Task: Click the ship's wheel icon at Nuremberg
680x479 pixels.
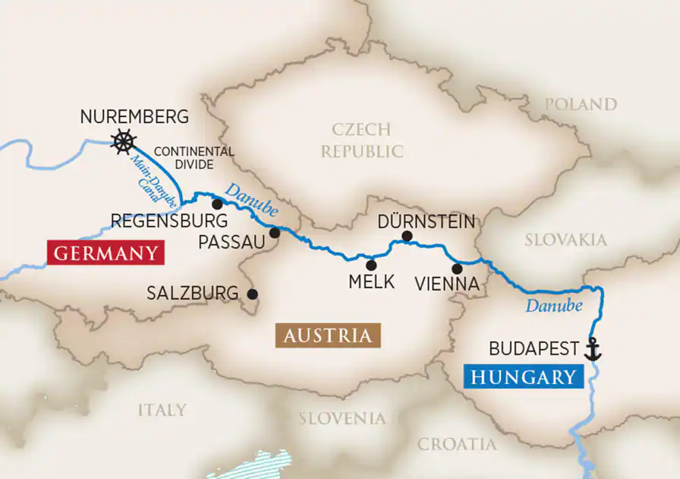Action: coord(123,141)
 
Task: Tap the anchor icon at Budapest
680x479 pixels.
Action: coord(592,349)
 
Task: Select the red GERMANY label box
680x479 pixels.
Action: coord(105,253)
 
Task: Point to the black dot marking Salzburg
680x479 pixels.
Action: coord(252,294)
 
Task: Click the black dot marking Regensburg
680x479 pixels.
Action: coord(217,203)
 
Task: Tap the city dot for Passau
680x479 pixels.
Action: coord(275,233)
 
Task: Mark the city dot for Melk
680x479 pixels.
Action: coord(371,265)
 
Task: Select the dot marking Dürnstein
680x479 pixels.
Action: coord(407,236)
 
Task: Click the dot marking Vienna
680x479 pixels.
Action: coord(457,268)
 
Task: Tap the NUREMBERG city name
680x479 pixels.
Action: coord(134,117)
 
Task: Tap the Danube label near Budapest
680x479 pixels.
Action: coord(553,306)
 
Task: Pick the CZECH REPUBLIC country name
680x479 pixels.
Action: coord(361,140)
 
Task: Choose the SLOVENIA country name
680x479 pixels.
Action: coord(342,418)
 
